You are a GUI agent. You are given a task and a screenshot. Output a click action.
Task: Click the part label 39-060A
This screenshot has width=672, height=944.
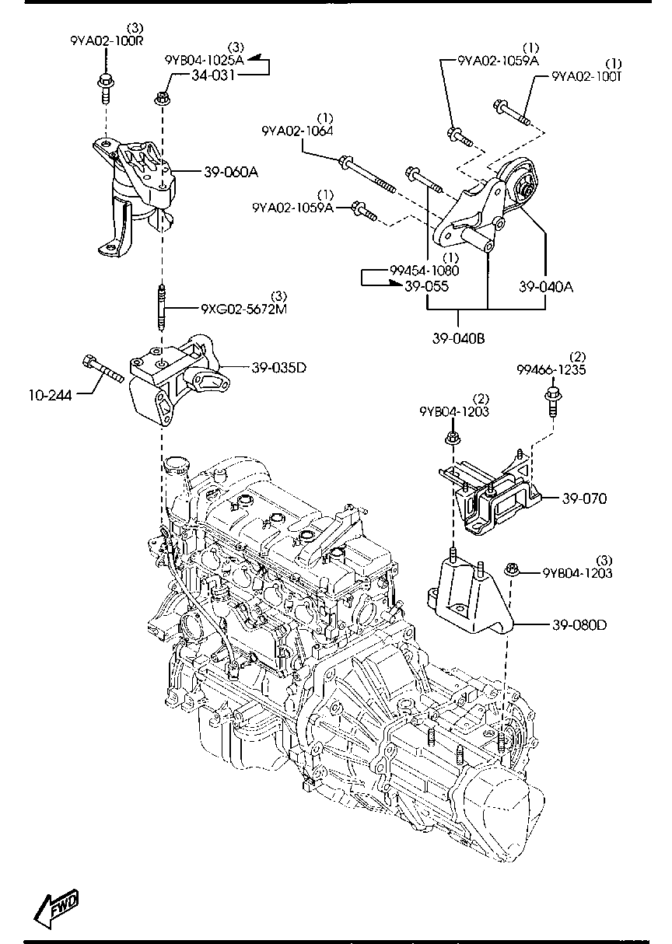230,173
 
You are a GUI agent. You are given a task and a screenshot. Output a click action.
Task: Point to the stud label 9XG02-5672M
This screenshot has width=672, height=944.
244,309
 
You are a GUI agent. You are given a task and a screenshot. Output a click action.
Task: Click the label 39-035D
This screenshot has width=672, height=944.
278,367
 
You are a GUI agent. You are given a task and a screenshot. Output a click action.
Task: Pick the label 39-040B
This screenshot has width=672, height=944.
459,338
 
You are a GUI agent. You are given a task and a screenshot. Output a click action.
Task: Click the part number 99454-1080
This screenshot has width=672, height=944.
425,271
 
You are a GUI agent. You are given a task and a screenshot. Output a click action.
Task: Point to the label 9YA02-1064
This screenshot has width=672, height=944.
297,131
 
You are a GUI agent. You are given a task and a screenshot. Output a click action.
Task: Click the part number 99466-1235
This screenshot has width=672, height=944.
551,370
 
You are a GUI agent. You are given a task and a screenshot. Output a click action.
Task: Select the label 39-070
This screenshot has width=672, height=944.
579,498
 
